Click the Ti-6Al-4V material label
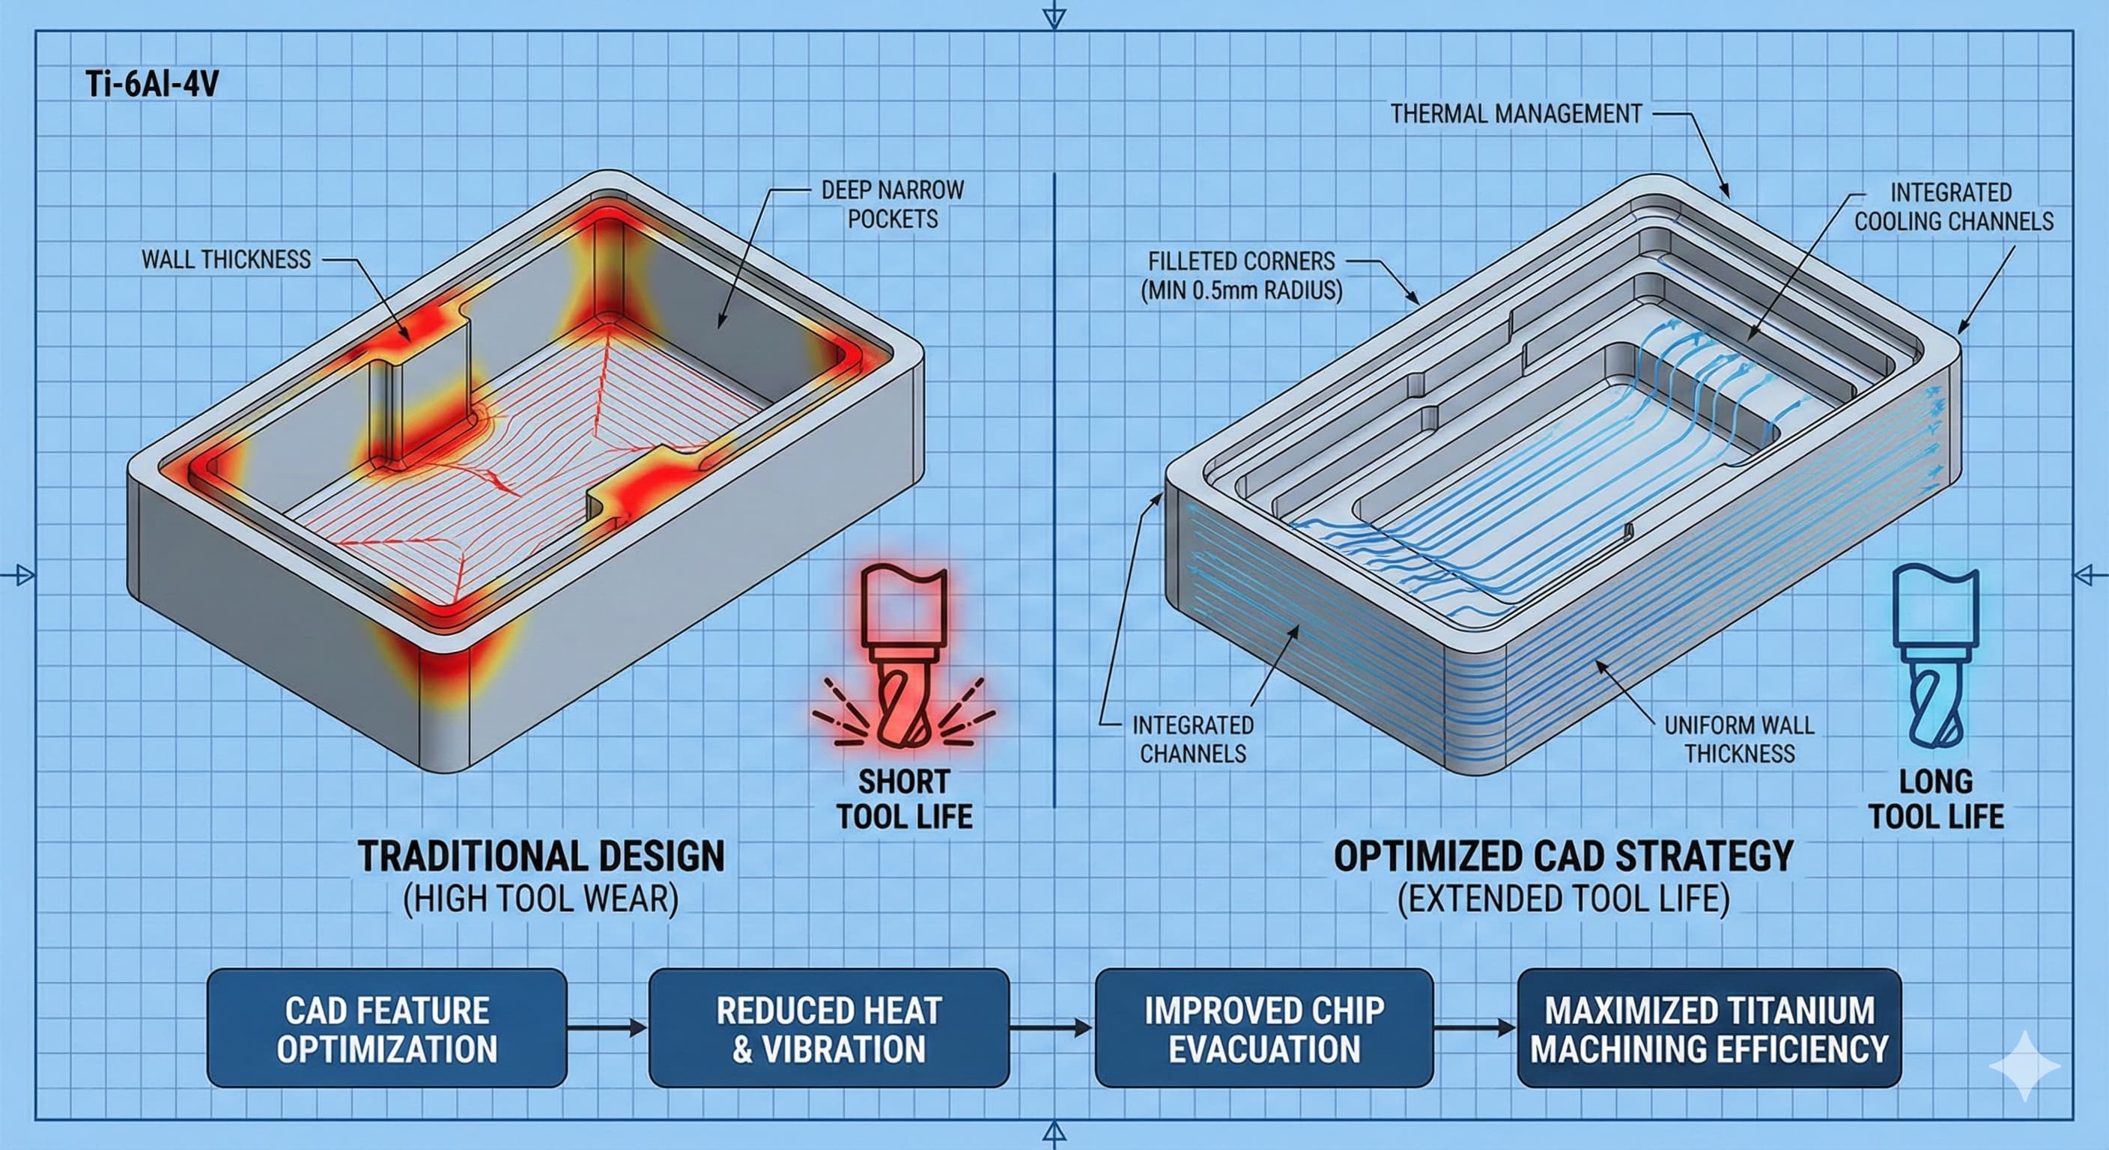(x=151, y=85)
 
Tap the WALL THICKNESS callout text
(x=226, y=261)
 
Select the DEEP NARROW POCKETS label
(x=893, y=204)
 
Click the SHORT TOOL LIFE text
(x=904, y=800)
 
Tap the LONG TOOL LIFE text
(x=1936, y=800)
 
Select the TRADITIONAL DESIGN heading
(x=541, y=857)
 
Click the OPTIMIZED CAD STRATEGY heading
(x=1563, y=857)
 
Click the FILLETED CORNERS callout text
(x=1241, y=276)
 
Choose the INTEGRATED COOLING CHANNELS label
(x=1952, y=207)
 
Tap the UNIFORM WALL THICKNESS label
(x=1739, y=739)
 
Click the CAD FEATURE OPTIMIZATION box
(x=386, y=1029)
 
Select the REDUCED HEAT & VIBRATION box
(x=828, y=1029)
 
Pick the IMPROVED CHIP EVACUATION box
(x=1263, y=1029)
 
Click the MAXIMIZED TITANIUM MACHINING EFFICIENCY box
(x=1708, y=1029)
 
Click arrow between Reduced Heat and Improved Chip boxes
(x=1052, y=1028)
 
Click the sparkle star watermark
(x=2024, y=1065)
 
